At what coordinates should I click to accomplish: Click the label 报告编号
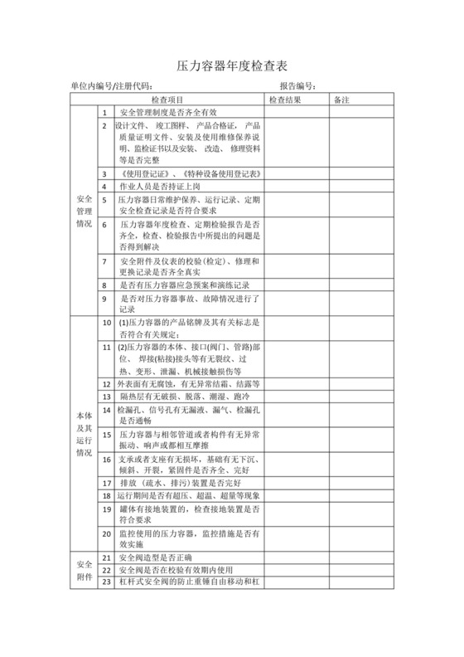297,85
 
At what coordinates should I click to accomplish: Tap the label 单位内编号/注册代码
112,85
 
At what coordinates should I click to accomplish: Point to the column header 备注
341,100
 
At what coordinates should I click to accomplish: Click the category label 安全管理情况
84,212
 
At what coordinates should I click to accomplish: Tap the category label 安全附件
84,570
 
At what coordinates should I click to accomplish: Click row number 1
104,112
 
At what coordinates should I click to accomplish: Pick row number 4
104,187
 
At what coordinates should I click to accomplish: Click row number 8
104,283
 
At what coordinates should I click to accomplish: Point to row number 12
105,384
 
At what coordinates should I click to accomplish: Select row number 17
105,482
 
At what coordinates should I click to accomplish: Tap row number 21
105,558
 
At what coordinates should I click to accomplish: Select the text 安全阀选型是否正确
160,558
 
